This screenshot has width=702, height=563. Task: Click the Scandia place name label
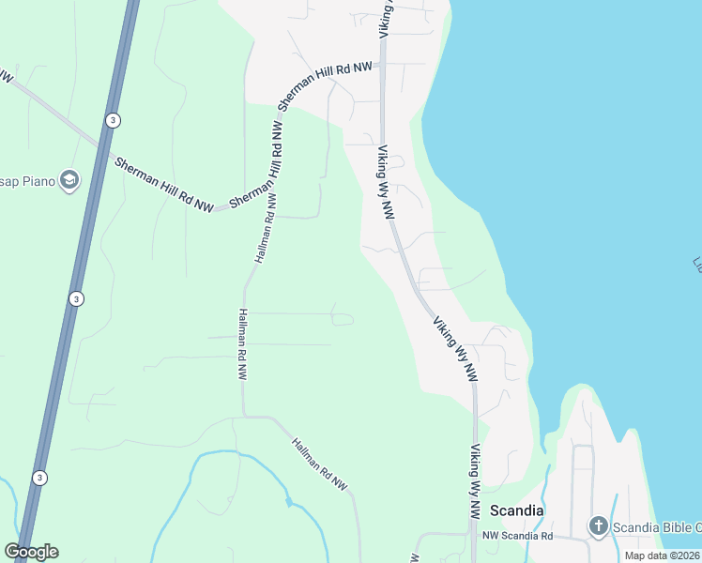coord(516,511)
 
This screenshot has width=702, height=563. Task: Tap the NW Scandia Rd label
coord(517,536)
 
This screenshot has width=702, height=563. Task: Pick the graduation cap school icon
coord(68,179)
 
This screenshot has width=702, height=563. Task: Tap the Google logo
coord(32,552)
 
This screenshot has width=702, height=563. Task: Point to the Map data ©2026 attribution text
coord(663,555)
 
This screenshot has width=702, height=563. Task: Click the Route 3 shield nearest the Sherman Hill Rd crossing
coord(113,120)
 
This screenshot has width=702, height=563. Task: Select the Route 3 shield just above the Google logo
coord(38,477)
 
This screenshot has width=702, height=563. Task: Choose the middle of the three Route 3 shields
coord(75,298)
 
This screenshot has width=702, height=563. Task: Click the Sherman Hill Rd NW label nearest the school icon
coord(164,182)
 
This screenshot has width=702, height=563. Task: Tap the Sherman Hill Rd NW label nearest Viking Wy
coord(325,84)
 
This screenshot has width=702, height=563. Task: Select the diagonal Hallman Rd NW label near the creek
coord(319,464)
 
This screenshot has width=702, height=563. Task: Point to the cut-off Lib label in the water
coord(696,266)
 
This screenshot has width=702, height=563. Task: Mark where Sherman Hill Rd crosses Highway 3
coord(100,143)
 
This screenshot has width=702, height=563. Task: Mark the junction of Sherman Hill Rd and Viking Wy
coord(382,65)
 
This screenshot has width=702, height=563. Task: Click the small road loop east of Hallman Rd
coord(343,319)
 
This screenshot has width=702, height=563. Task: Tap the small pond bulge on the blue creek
coord(291,504)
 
